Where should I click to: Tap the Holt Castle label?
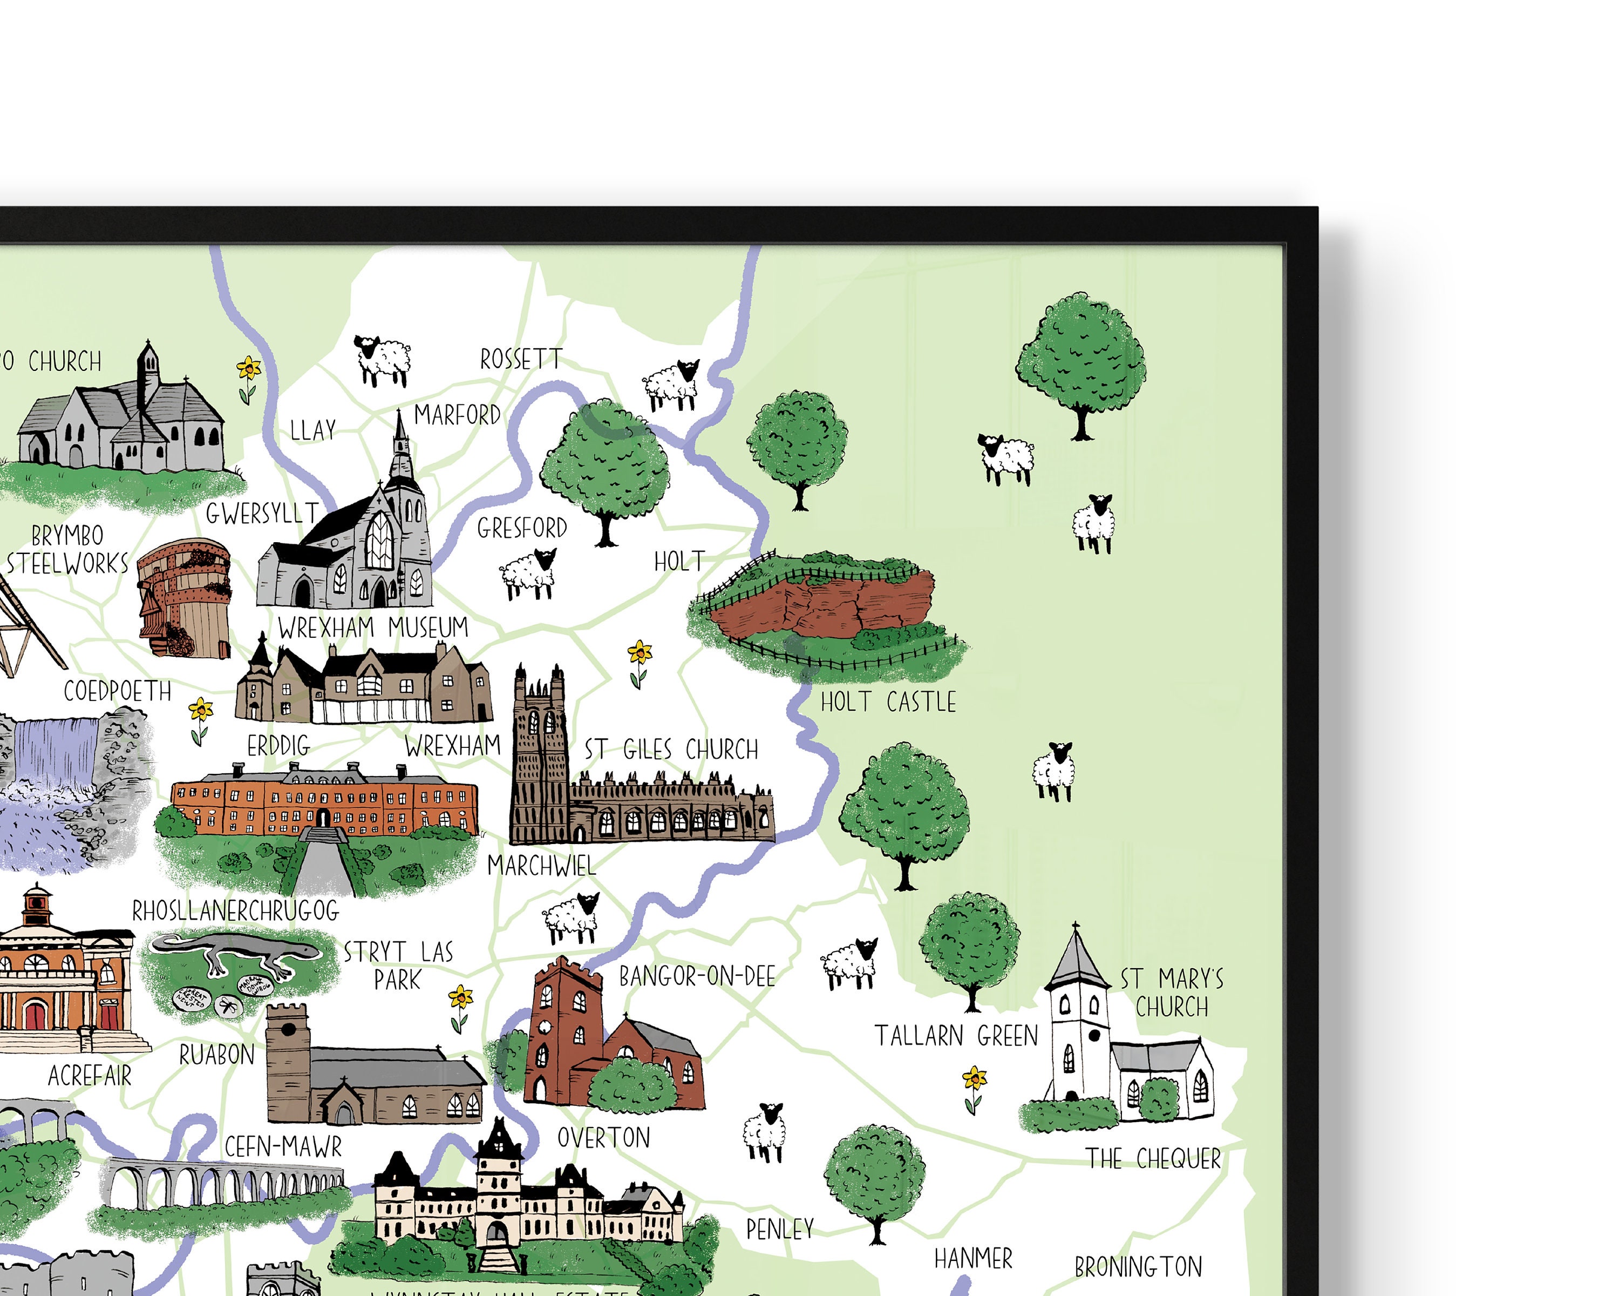(888, 701)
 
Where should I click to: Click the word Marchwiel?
(541, 866)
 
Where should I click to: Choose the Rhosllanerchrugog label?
(236, 910)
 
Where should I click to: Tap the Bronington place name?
(1138, 1267)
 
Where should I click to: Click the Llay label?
(312, 430)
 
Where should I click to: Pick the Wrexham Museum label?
(372, 627)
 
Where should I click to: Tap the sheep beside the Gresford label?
(529, 574)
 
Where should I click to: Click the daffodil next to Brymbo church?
(248, 378)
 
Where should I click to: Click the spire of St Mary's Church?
(1076, 958)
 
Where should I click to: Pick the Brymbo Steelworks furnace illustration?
(185, 597)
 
